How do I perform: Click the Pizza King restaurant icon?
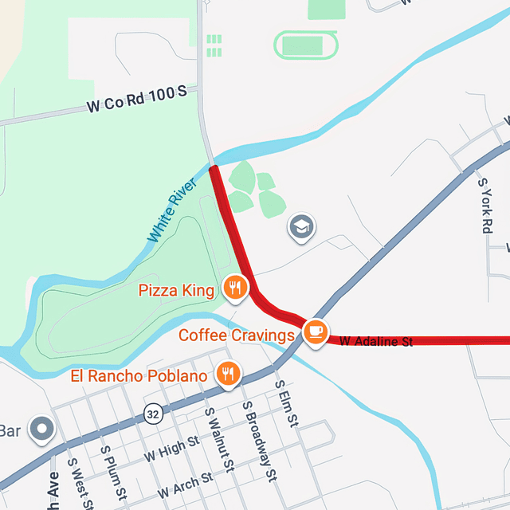[233, 288]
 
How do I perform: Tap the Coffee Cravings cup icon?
[316, 331]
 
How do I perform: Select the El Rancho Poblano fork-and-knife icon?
[228, 373]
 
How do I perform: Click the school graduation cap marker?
[301, 227]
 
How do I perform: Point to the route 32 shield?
[153, 413]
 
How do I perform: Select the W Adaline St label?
[376, 341]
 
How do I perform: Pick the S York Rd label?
[484, 205]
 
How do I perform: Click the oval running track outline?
[307, 45]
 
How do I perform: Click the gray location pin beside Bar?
[40, 430]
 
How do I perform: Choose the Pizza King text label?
[176, 290]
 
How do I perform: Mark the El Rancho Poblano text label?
[139, 375]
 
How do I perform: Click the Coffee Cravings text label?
[237, 335]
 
